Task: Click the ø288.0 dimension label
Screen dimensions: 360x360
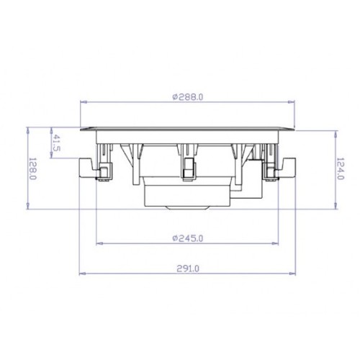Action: coord(188,97)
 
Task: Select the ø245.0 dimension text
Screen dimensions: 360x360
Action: coord(188,238)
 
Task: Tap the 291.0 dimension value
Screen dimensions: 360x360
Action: coord(188,269)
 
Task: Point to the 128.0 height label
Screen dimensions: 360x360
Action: coord(32,168)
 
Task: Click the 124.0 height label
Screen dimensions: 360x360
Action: coord(340,168)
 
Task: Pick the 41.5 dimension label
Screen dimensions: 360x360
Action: coord(57,143)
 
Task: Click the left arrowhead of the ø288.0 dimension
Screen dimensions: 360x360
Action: coord(83,102)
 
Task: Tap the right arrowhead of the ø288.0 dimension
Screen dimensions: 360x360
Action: coord(292,102)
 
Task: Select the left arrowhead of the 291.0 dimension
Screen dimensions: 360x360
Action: coord(83,274)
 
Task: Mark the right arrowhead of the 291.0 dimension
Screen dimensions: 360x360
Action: coord(292,274)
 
